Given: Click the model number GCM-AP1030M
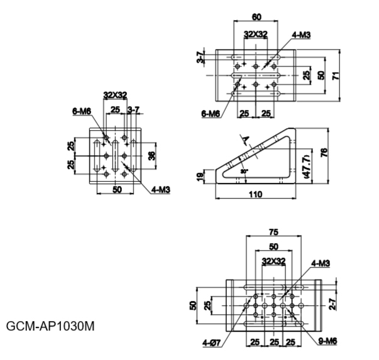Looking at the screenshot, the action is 50,326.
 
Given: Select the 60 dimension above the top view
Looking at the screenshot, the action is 256,17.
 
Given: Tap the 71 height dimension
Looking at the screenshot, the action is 336,75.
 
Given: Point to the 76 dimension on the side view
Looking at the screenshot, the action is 324,153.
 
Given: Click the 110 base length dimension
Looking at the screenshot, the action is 255,194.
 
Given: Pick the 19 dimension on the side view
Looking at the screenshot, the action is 200,177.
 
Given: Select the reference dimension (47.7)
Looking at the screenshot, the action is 307,166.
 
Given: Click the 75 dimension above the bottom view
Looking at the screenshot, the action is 273,232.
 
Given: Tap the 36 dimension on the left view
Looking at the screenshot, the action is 151,156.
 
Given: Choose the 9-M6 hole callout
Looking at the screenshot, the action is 327,341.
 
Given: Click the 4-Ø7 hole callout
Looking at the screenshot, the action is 212,343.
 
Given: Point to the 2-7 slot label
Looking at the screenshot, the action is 332,304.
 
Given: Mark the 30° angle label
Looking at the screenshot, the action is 244,171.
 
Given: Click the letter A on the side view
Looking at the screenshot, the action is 246,139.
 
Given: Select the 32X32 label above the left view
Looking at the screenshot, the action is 115,95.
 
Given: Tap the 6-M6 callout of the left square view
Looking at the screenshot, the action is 82,111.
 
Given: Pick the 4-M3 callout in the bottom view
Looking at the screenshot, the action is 321,263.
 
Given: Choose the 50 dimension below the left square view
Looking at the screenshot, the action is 118,189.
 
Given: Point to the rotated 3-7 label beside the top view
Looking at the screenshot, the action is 200,57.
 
